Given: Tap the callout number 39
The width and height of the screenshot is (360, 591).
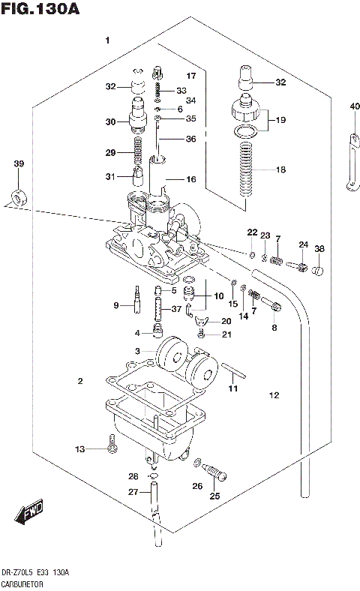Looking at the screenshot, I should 19,164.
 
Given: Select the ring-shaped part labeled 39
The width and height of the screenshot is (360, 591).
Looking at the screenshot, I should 18,199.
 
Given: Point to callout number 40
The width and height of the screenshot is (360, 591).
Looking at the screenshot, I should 354,106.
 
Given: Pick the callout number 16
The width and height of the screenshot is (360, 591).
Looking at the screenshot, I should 190,179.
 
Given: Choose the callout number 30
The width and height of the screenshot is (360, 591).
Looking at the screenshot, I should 110,121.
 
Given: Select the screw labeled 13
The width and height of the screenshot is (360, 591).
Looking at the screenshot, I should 112,448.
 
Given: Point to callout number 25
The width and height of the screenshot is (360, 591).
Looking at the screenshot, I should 214,496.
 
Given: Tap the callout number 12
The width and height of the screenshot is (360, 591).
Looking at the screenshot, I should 274,395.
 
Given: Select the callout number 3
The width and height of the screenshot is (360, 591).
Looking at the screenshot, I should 137,351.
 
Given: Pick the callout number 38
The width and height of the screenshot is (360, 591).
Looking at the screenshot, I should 319,250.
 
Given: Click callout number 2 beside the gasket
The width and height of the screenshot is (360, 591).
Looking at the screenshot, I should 79,382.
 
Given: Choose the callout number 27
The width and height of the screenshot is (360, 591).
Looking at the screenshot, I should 133,492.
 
